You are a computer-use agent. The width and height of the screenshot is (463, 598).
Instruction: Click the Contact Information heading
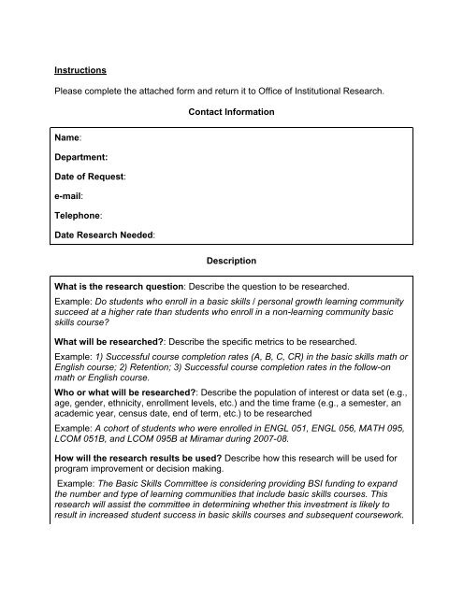tap(231, 112)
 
